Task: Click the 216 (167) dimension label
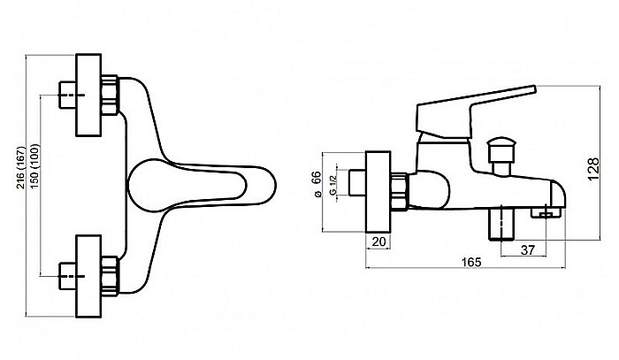(21, 167)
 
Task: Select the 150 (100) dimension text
(35, 166)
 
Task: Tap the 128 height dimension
(593, 169)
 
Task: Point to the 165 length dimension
(471, 262)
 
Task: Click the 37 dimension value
(527, 249)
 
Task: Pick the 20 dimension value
(378, 241)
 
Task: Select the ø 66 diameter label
(316, 184)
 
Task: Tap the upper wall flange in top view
(88, 96)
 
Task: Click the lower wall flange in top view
(88, 276)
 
